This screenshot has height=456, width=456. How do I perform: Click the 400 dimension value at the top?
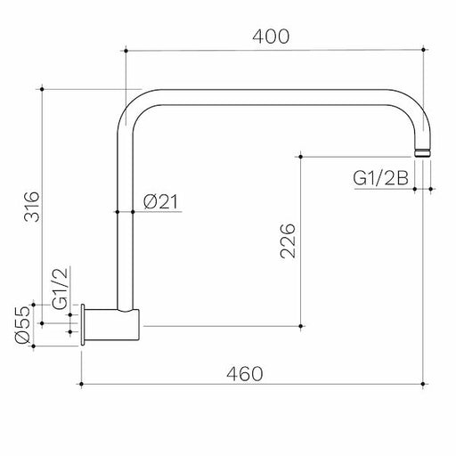point(271,37)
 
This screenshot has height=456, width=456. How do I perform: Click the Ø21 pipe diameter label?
point(161,203)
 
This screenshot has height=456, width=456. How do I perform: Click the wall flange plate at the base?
point(84,324)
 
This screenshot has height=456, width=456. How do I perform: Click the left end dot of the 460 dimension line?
point(83,384)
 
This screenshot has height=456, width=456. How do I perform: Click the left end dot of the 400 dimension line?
point(125,52)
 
